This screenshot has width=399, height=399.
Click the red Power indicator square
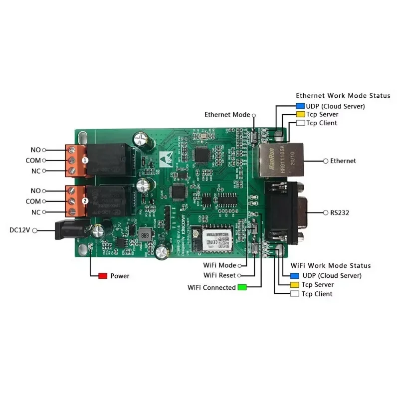[x=103, y=276]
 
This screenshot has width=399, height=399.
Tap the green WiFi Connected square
[x=242, y=287]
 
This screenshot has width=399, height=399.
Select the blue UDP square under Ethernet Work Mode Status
[x=300, y=106]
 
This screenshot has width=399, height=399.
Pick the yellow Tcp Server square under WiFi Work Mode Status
[x=294, y=285]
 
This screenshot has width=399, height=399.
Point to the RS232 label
[x=339, y=213]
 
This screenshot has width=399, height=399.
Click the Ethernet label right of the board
[x=343, y=161]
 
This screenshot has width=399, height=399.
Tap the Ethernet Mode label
[x=227, y=115]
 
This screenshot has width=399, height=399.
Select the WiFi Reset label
[x=219, y=275]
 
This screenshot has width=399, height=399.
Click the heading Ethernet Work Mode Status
[x=343, y=95]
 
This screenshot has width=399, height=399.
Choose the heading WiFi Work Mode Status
[x=331, y=265]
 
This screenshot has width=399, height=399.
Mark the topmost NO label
[x=35, y=150]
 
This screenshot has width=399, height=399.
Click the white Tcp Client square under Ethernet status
[x=300, y=123]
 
